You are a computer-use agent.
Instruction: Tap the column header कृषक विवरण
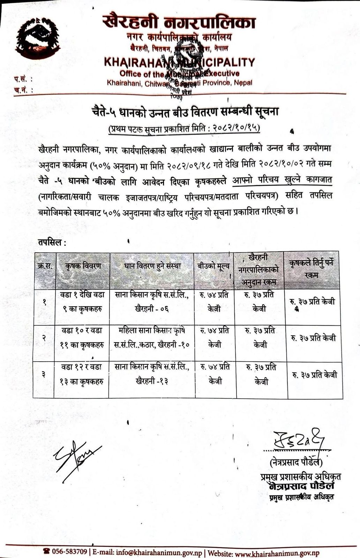click(x=83, y=266)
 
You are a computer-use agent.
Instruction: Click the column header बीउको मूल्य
click(x=214, y=266)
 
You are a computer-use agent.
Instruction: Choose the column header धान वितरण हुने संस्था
click(x=152, y=266)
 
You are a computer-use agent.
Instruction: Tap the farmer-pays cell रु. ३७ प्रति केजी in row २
click(x=313, y=338)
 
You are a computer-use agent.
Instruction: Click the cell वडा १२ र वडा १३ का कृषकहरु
click(x=82, y=374)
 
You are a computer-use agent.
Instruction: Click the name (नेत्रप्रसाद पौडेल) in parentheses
click(x=296, y=462)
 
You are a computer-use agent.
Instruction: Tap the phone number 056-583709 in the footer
click(x=69, y=552)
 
